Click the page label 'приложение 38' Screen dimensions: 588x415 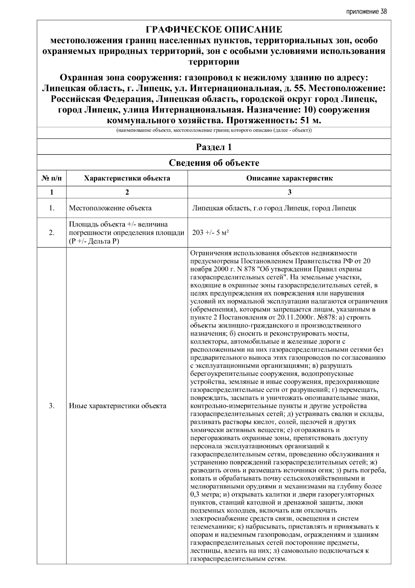tap(366, 12)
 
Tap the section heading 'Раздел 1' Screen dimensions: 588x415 tap(214, 147)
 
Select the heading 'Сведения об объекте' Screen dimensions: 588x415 tap(214, 163)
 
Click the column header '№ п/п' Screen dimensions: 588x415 tap(52, 178)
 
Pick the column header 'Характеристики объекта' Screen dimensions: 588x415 tap(127, 178)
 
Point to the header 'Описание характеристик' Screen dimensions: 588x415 tap(289, 178)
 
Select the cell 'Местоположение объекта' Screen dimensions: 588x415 tap(110, 208)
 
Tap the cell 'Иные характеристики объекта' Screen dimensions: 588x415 tap(118, 406)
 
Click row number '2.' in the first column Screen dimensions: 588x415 tap(52, 233)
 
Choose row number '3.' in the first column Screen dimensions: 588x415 tap(52, 406)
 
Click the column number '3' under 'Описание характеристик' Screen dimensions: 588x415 tap(289, 193)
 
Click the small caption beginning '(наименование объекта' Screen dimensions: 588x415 tap(214, 131)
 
